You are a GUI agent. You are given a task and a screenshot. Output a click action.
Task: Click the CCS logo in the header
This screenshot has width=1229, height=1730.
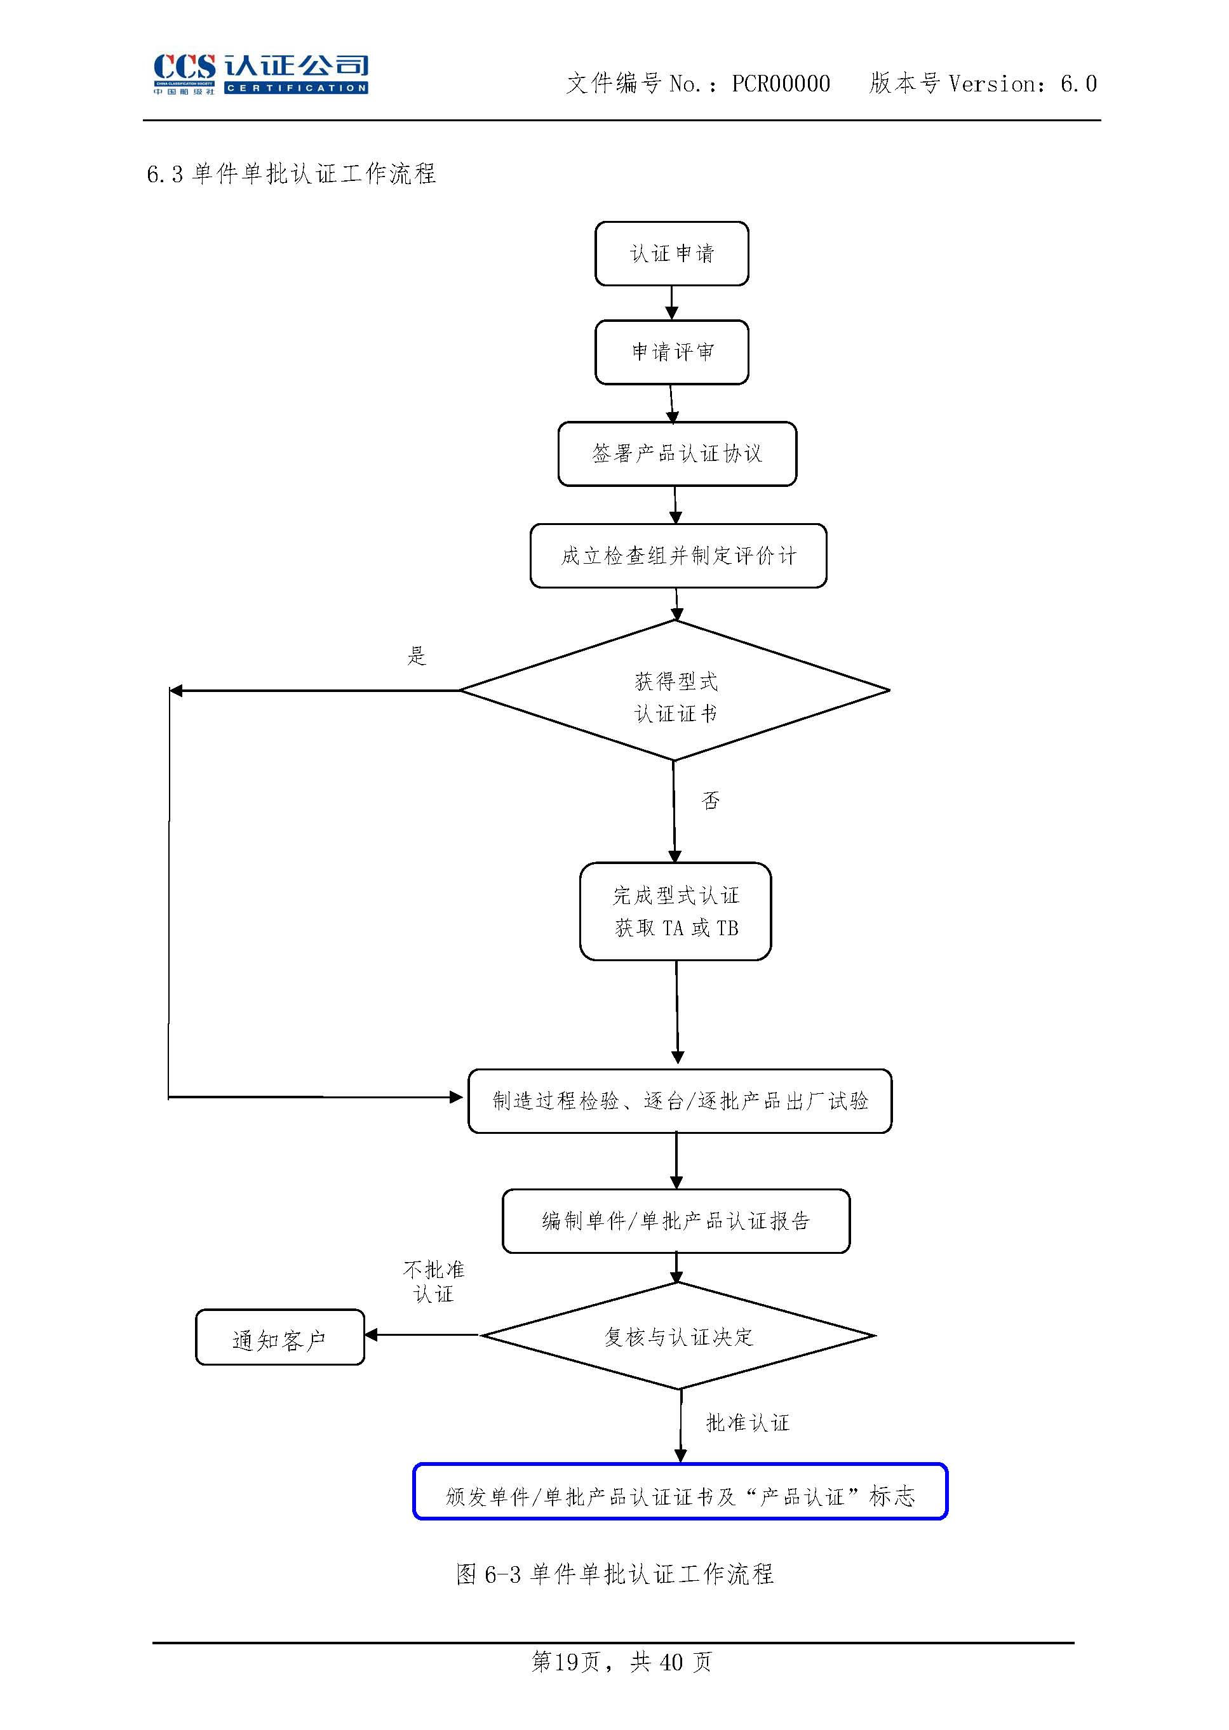tap(260, 74)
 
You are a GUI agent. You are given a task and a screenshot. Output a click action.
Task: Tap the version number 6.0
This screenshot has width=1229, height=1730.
tap(1078, 83)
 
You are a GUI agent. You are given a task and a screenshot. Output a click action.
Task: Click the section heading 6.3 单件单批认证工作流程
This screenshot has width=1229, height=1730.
tap(292, 174)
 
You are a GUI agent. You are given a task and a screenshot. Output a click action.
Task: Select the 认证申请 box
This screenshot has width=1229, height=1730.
tap(671, 253)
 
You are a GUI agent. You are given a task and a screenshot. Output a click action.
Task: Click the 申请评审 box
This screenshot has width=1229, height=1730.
tap(671, 352)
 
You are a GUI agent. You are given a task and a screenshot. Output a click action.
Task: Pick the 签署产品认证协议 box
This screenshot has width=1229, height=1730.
tap(677, 454)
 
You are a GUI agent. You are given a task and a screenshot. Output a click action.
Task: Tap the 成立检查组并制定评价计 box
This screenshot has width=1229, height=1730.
tap(678, 556)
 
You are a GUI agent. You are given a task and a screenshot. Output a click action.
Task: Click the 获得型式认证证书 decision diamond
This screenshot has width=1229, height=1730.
tap(675, 690)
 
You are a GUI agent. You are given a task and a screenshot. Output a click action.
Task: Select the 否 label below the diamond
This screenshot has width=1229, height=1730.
tap(711, 801)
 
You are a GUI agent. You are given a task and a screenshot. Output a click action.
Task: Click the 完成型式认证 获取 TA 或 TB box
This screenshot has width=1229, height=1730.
tap(675, 912)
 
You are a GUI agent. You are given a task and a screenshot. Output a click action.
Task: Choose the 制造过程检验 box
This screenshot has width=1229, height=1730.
tap(680, 1101)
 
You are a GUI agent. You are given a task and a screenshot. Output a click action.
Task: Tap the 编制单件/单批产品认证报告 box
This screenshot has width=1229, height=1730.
tap(676, 1221)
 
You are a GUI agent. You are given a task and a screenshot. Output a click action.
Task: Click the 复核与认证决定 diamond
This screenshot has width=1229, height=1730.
tap(678, 1336)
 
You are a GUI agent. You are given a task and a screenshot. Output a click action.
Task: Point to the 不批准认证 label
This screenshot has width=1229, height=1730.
tap(434, 1281)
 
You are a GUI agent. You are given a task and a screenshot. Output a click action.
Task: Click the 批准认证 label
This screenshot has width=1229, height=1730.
tap(748, 1423)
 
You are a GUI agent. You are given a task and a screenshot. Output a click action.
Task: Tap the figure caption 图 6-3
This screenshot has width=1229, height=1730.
tap(615, 1574)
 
